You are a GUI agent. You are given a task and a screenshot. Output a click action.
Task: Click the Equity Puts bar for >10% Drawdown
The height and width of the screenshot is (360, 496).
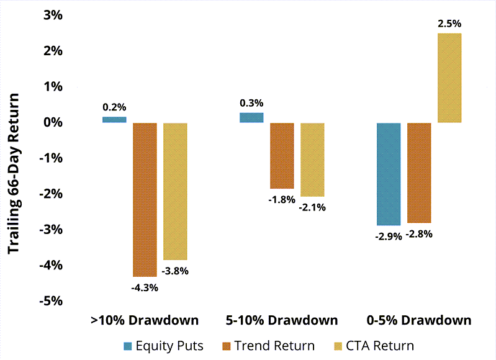(114, 120)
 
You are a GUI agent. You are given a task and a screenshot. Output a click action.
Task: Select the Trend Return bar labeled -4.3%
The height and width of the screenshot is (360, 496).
(145, 199)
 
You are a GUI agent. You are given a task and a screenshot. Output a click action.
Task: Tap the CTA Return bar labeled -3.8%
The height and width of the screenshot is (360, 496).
(175, 191)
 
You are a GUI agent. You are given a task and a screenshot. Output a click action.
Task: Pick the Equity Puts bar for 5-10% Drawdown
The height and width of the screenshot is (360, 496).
(251, 117)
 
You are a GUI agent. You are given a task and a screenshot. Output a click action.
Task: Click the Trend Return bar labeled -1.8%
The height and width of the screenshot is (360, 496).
(282, 155)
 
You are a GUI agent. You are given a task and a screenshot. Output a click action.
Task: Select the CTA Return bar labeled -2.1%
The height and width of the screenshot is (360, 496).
(312, 160)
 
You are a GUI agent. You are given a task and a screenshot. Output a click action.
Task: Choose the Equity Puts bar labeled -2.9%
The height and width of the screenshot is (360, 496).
(389, 174)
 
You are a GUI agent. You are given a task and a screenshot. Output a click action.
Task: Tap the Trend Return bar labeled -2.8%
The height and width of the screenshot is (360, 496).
(419, 173)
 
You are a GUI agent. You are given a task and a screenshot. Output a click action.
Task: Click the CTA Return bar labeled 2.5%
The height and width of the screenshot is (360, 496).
(449, 78)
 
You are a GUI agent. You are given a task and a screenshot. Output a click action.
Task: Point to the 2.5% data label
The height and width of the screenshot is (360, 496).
(449, 24)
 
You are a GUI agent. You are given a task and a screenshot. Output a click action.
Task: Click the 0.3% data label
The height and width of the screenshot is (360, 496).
(251, 103)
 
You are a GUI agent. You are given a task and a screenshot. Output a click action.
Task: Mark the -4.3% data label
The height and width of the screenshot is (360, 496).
(145, 287)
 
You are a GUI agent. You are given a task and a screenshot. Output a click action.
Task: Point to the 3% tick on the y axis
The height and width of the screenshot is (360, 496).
(53, 15)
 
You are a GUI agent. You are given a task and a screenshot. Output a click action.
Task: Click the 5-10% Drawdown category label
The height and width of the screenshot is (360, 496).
(281, 320)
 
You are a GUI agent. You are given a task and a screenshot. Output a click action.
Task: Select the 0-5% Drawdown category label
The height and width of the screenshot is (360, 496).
(419, 320)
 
